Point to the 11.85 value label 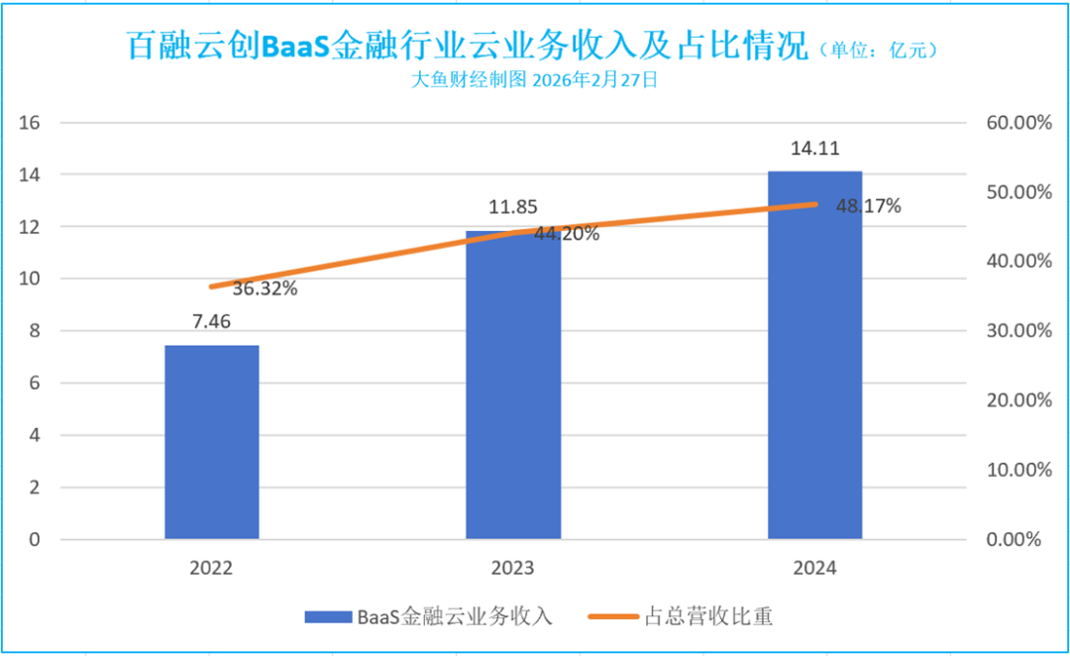pos(513,208)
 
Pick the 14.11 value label pos(814,149)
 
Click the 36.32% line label pos(266,290)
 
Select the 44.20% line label pos(566,235)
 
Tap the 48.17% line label pos(869,206)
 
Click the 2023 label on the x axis pos(513,569)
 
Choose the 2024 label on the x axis pos(814,569)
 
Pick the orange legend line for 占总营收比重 pos(613,616)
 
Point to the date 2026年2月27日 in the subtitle pos(594,80)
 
